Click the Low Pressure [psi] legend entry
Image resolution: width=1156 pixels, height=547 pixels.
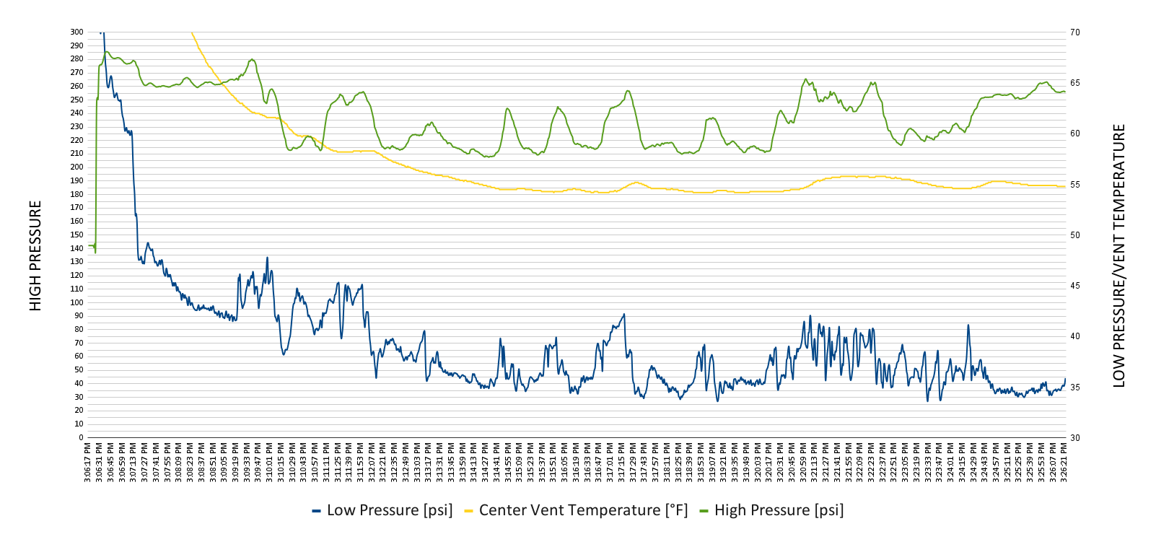coord(382,510)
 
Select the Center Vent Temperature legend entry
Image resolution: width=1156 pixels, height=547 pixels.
coord(576,510)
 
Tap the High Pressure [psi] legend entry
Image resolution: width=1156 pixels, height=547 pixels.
coord(771,510)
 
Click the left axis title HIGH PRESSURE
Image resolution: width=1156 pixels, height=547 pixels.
coord(35,256)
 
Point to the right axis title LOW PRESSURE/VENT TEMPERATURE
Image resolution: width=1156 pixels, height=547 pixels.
coord(1119,256)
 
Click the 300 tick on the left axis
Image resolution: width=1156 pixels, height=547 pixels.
coord(76,32)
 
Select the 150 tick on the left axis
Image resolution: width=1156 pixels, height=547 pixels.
coord(76,235)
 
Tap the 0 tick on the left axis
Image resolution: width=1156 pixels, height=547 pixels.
coord(81,437)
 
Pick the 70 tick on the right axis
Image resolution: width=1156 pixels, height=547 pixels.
coord(1075,32)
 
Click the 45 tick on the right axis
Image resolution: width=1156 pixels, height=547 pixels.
coord(1075,286)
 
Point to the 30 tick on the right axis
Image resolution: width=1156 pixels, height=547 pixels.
coord(1075,437)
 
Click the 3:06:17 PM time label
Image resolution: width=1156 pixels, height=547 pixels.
coord(88,462)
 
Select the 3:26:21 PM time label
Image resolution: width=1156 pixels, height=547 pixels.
coord(1064,462)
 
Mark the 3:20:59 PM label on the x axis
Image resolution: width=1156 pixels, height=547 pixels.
coord(803,462)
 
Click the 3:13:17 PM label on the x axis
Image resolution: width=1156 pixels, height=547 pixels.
coord(429,462)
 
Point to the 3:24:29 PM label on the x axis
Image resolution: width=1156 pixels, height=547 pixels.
coord(973,462)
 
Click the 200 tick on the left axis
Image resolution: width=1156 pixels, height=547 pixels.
coord(76,167)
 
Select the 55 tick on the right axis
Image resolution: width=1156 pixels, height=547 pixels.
coord(1075,185)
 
